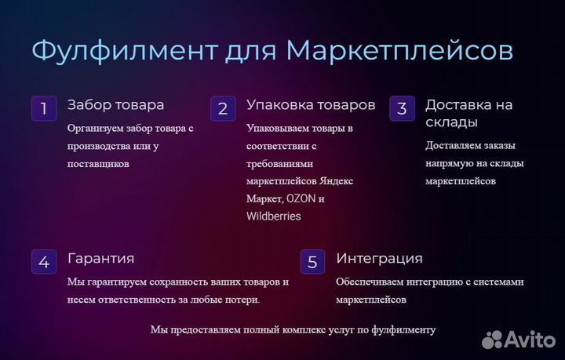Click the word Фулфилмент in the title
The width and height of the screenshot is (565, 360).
(125, 50)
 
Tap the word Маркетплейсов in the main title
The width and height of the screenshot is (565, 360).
(399, 50)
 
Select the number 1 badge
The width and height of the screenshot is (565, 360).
(44, 108)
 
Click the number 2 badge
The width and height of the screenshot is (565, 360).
(223, 108)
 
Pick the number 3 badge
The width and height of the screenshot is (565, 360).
(402, 108)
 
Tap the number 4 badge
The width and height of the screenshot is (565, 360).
(44, 262)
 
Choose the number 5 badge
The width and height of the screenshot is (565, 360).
(313, 262)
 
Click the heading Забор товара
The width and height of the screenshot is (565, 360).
(115, 105)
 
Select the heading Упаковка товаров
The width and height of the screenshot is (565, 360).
(311, 105)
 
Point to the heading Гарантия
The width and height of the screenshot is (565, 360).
(101, 259)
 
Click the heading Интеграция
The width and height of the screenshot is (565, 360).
(380, 259)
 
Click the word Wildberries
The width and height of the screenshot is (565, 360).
(274, 216)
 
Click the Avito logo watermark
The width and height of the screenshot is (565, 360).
(519, 340)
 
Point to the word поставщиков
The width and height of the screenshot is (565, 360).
(98, 164)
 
